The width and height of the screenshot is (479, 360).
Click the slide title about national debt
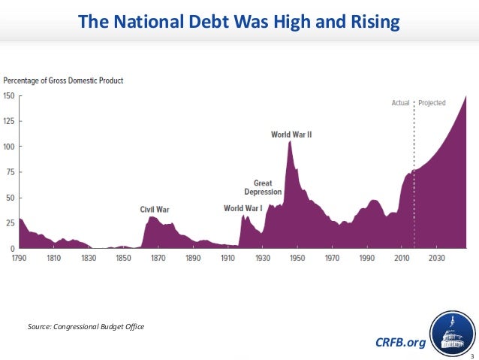(239, 23)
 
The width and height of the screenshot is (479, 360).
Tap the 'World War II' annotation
(291, 135)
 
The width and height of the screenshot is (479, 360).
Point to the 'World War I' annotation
(243, 208)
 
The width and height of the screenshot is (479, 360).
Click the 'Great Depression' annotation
(263, 187)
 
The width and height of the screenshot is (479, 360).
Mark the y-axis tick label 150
(9, 95)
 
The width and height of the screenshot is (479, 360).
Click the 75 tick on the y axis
(11, 172)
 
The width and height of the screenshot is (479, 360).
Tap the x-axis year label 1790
(20, 258)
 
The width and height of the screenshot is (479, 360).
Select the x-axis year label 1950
(297, 258)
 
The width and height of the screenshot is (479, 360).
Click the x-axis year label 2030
(437, 258)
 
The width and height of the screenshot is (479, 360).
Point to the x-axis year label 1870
(158, 258)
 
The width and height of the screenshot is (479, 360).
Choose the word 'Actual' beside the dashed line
(399, 102)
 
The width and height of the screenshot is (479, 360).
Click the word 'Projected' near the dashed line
(432, 102)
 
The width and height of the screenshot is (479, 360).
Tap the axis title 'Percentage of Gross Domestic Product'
(64, 80)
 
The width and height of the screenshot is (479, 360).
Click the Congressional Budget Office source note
(86, 326)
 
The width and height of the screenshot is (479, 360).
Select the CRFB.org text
(399, 343)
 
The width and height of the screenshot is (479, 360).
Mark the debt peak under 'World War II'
(290, 141)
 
